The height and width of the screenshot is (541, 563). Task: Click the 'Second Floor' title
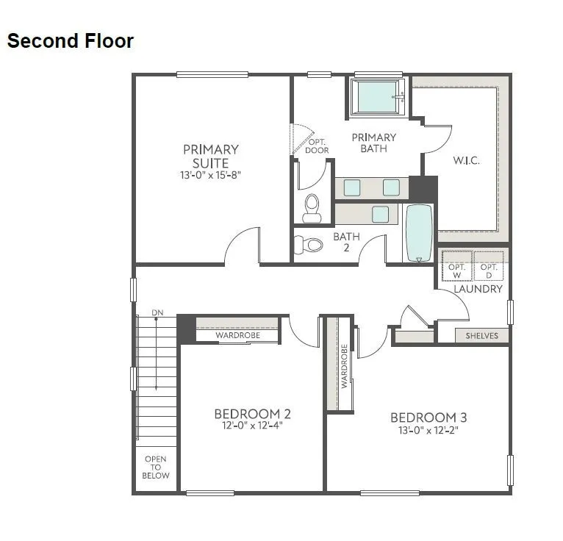click(x=71, y=40)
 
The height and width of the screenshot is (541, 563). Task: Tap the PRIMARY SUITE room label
click(x=211, y=156)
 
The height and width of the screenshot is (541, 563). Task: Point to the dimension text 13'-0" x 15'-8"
click(x=211, y=175)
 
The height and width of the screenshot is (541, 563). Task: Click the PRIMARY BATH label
click(x=373, y=143)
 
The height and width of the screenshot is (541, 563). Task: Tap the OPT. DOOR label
click(x=318, y=146)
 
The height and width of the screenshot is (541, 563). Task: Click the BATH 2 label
click(x=345, y=242)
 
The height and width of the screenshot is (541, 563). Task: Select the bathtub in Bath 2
click(x=419, y=233)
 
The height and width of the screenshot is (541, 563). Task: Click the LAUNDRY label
click(x=478, y=289)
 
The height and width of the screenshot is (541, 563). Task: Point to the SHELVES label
click(x=481, y=336)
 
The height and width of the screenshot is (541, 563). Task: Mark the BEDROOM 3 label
click(x=428, y=422)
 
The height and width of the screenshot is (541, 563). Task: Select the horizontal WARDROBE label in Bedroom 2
click(x=236, y=336)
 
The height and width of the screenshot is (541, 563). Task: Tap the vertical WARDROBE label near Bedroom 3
click(x=343, y=365)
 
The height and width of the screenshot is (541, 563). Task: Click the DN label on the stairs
click(x=157, y=313)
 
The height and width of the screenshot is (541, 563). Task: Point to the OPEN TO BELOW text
click(x=156, y=467)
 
